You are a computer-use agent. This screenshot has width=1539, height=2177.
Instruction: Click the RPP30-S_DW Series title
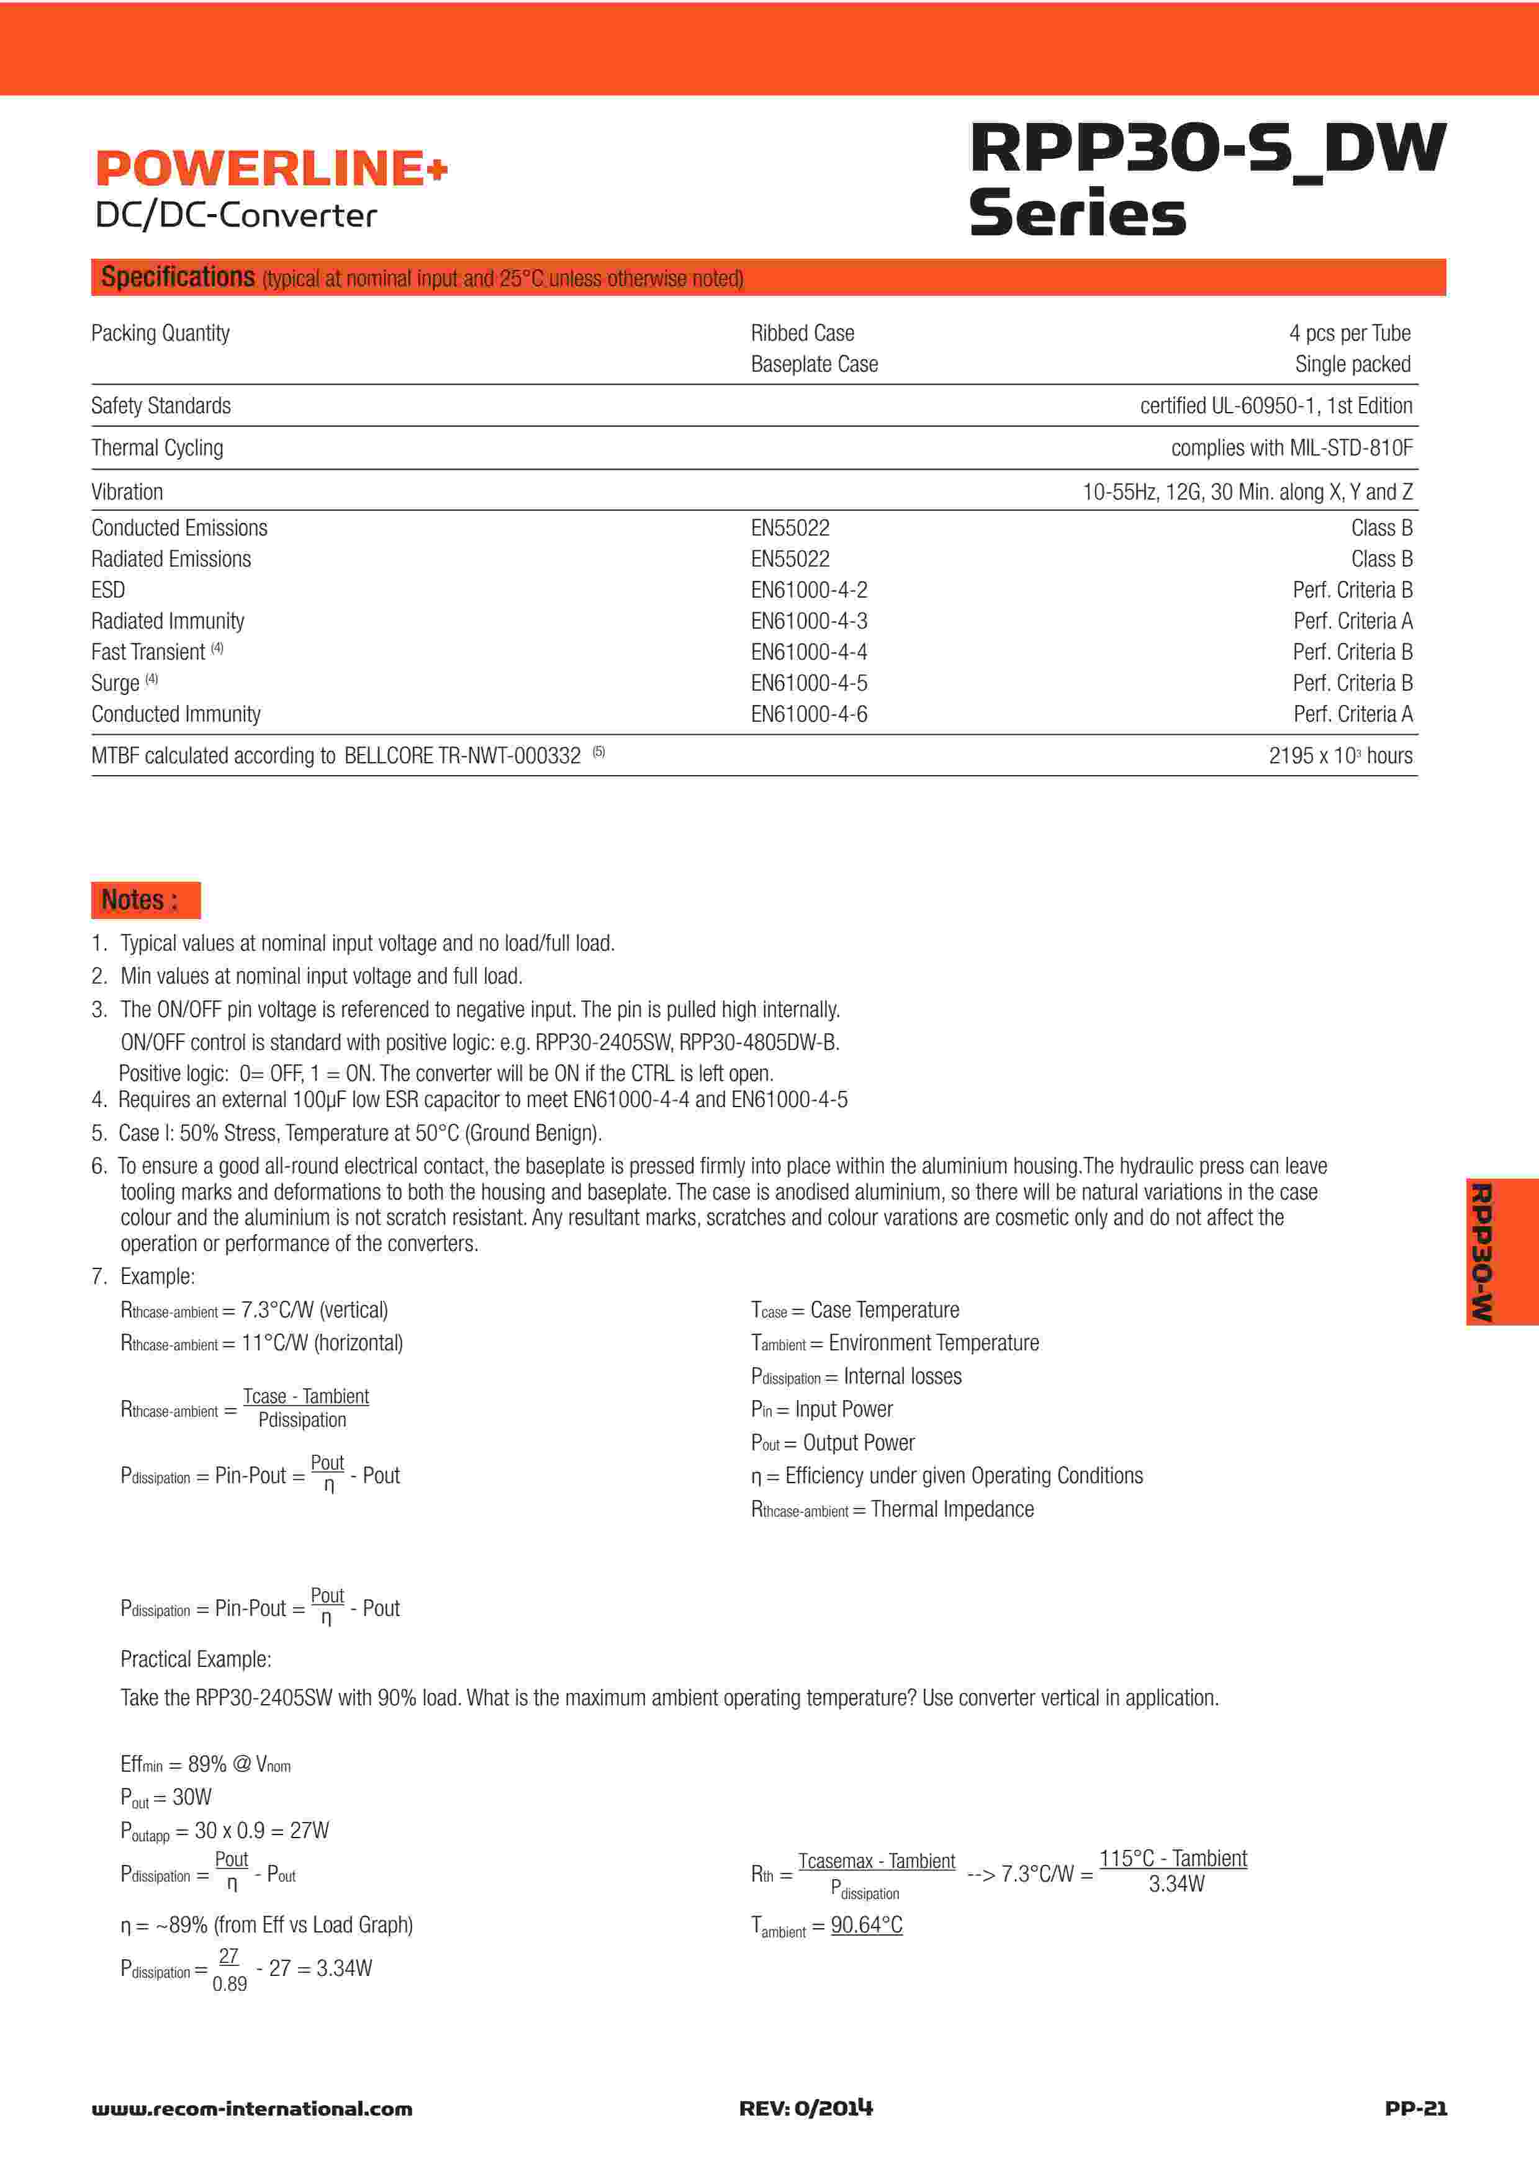pyautogui.click(x=1206, y=180)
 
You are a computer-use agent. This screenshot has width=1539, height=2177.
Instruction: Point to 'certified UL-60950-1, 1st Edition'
pyautogui.click(x=1275, y=406)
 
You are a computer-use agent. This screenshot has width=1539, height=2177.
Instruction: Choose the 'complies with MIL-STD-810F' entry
pyautogui.click(x=1291, y=447)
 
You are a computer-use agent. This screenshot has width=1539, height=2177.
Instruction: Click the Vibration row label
pyautogui.click(x=127, y=491)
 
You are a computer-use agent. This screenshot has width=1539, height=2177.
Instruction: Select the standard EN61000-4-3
pyautogui.click(x=809, y=621)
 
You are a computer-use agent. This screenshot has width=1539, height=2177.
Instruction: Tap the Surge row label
pyautogui.click(x=115, y=683)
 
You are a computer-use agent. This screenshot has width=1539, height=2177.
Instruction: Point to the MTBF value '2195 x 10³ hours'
pyautogui.click(x=1340, y=756)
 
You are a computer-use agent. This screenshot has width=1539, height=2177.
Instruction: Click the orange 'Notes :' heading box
pyautogui.click(x=145, y=900)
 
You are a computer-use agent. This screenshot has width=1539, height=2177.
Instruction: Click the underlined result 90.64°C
pyautogui.click(x=866, y=1925)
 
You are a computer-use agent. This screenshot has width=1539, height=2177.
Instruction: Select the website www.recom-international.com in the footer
pyautogui.click(x=251, y=2109)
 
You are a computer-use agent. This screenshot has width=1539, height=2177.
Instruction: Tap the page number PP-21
pyautogui.click(x=1415, y=2109)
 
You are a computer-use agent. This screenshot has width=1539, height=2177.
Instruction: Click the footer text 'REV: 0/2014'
pyautogui.click(x=805, y=2109)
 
